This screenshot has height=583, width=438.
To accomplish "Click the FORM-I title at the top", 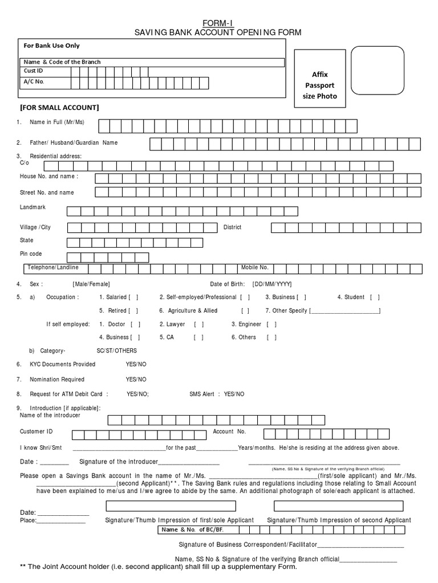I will (x=218, y=23).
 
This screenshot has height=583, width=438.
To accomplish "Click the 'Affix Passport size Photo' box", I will (x=319, y=85).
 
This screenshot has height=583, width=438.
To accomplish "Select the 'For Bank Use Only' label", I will (x=51, y=46).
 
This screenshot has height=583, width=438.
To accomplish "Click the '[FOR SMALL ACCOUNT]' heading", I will (x=59, y=108).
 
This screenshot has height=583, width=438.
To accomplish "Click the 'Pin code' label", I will (x=31, y=254).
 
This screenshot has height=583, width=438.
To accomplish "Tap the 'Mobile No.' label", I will (x=255, y=267).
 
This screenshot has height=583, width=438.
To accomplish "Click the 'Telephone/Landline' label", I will (x=54, y=267).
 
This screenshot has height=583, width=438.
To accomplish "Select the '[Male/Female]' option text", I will (x=91, y=284).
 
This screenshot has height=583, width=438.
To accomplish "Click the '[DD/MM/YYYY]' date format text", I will (x=271, y=284).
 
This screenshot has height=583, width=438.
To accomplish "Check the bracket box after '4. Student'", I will (x=375, y=297).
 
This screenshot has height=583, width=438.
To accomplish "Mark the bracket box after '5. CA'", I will (x=198, y=337).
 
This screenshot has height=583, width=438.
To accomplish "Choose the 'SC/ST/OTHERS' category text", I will (x=117, y=351).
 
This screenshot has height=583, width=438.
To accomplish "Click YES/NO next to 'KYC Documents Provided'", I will (x=136, y=364).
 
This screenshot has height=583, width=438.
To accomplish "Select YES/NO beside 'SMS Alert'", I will (x=234, y=394).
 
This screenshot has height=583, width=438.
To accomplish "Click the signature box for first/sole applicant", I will (x=171, y=506).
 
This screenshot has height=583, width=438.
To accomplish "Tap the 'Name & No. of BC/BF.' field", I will (x=282, y=530).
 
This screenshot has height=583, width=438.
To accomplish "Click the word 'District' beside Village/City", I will (x=232, y=227).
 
